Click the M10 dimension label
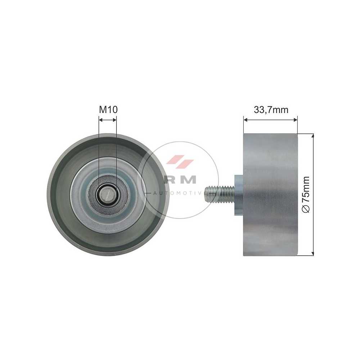pos(108,109)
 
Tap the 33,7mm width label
pos(271,110)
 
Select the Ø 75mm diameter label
pos(306,194)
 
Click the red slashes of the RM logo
pos(180,160)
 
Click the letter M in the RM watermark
pos(188,179)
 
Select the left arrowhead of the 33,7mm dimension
pos(246,120)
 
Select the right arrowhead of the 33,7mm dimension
pos(296,120)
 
